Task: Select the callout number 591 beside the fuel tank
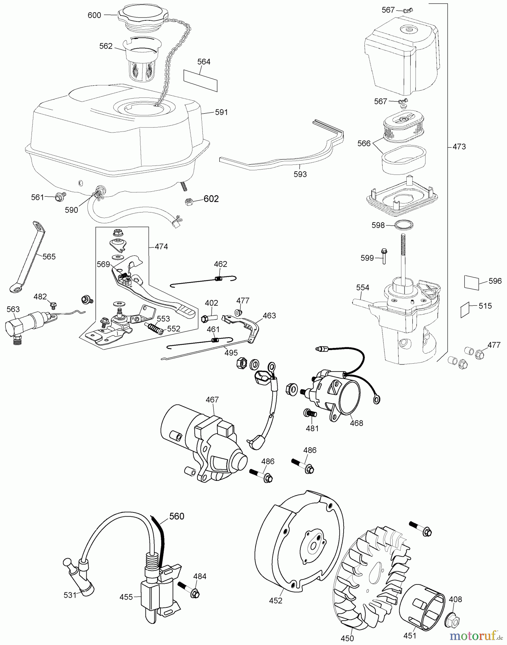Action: [221, 112]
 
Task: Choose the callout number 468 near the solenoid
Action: [357, 423]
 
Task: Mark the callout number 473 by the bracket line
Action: [459, 147]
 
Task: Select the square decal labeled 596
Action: [472, 282]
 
